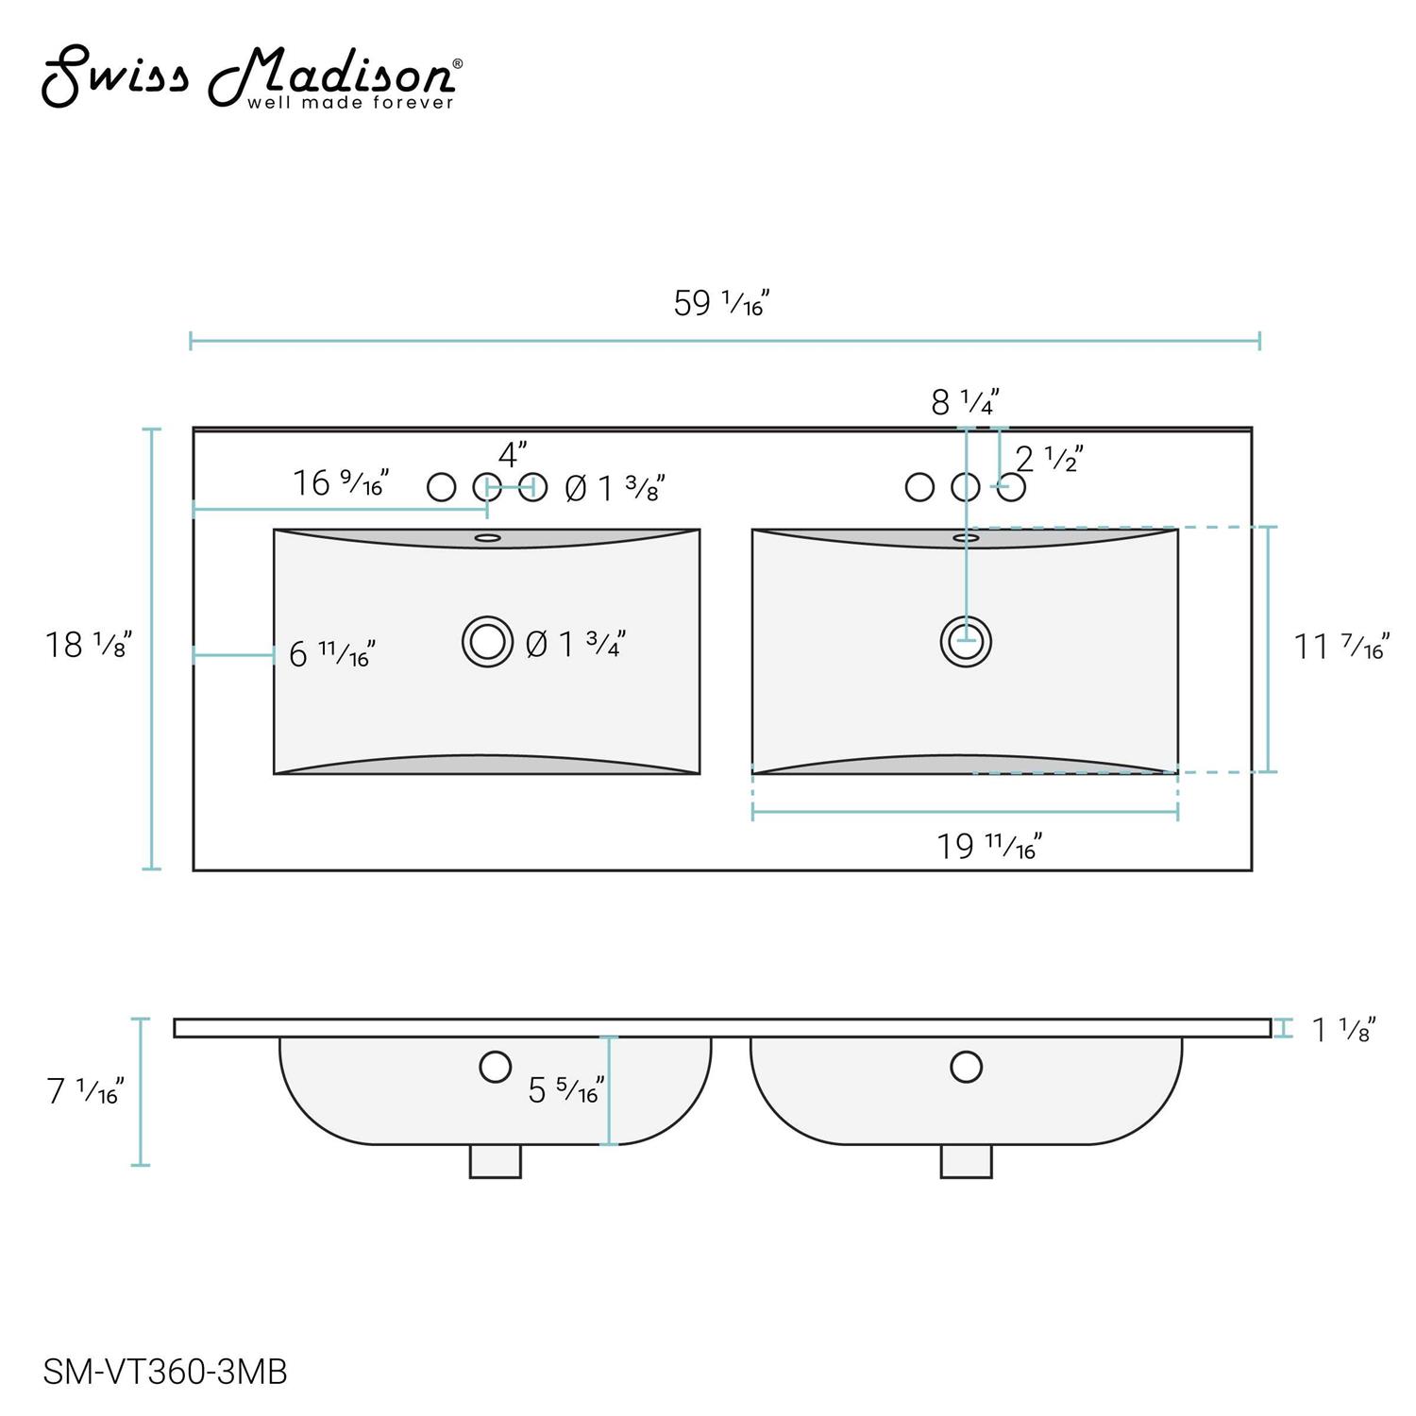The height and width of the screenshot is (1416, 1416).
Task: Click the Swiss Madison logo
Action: tap(250, 77)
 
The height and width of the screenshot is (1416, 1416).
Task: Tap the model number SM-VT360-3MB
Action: tap(165, 1372)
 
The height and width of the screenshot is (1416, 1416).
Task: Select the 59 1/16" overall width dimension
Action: tap(721, 303)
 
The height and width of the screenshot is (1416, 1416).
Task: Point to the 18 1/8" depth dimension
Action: tap(88, 645)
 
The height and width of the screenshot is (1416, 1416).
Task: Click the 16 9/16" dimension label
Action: tap(340, 483)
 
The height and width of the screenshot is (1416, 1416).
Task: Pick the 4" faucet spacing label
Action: tap(512, 454)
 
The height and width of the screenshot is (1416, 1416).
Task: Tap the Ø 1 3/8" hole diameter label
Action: tap(615, 488)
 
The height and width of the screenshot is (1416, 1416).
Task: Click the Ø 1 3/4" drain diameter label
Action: tap(576, 645)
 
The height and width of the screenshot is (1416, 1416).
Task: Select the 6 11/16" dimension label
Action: tap(331, 653)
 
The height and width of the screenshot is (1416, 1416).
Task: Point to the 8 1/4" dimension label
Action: tap(964, 402)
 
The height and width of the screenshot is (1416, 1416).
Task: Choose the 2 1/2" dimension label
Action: tap(1048, 460)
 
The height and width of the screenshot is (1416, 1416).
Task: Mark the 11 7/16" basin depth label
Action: tap(1340, 648)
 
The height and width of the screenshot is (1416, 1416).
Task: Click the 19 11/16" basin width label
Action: tap(988, 846)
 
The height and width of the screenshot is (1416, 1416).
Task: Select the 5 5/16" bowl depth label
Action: tap(565, 1090)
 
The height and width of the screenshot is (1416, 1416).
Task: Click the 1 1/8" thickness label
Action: tap(1342, 1030)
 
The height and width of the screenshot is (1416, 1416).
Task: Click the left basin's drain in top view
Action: tap(487, 642)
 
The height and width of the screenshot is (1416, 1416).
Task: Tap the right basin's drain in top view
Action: tap(966, 642)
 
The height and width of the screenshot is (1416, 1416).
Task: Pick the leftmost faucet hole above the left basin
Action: tap(441, 487)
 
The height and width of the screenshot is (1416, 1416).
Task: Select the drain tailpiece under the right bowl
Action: tap(966, 1161)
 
